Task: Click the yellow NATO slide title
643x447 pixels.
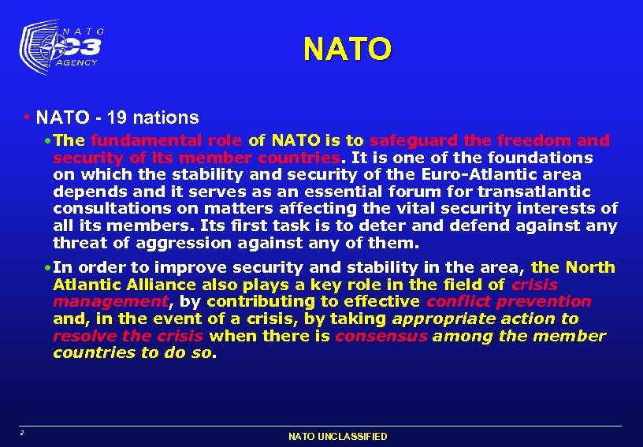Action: [x=347, y=49]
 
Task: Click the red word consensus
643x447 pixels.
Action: [x=381, y=336]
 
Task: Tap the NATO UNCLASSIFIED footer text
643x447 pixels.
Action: [x=338, y=436]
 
